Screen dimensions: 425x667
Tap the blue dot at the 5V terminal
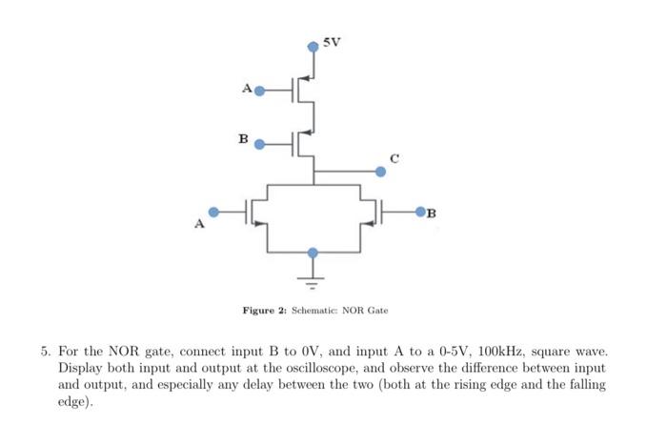pos(313,46)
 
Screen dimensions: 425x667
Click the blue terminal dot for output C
pos(381,172)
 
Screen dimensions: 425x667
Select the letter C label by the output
pos(394,156)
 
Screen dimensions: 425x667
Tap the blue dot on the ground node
pos(313,253)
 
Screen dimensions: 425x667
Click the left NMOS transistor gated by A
pos(255,212)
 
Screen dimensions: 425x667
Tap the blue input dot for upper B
pos(257,145)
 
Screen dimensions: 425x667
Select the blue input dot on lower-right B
pos(419,212)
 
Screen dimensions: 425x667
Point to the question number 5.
pos(45,352)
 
